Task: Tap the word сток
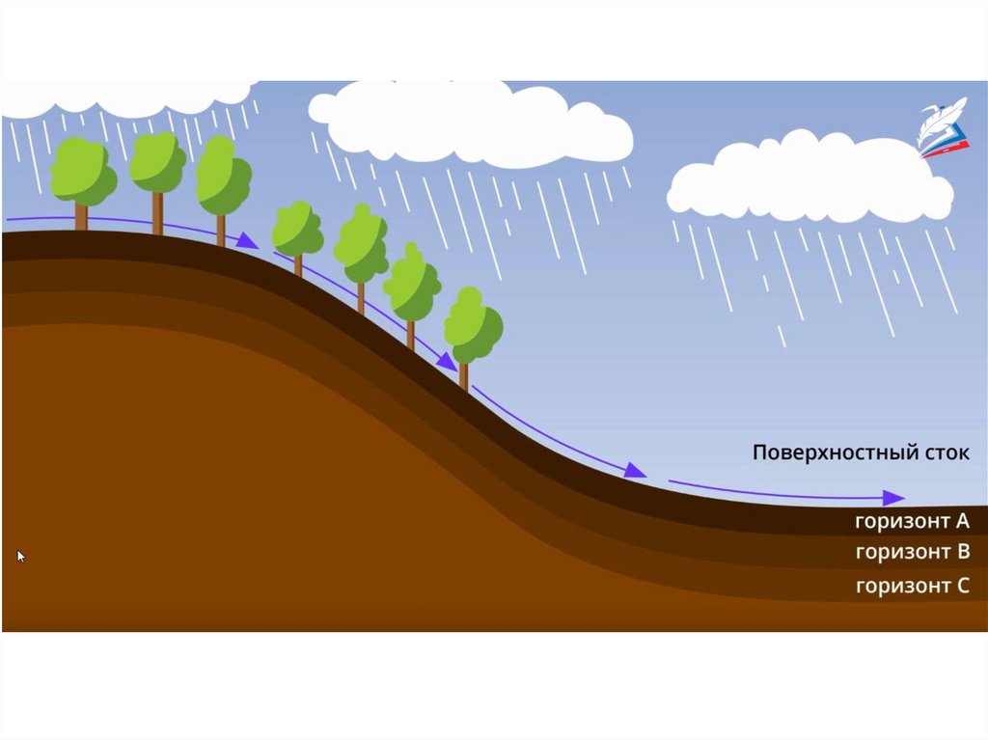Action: (943, 452)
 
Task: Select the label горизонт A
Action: (911, 522)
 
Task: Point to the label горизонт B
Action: (911, 552)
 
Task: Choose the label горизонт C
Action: (911, 585)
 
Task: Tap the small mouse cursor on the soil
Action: (21, 556)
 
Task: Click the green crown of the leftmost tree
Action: (82, 171)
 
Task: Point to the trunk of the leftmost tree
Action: (81, 217)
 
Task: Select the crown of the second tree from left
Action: (157, 162)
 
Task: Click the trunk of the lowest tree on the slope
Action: (464, 374)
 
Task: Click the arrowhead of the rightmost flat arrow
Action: (894, 498)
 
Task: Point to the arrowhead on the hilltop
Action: (248, 241)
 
